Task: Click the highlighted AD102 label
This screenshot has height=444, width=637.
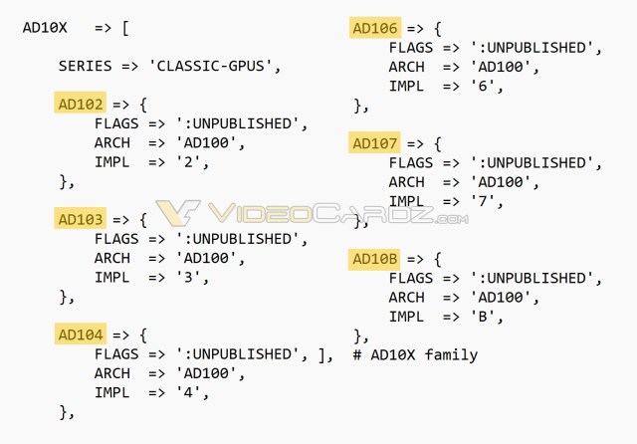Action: [x=80, y=104]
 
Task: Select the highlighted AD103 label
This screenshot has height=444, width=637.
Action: [x=80, y=219]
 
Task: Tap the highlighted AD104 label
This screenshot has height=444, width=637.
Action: [x=80, y=334]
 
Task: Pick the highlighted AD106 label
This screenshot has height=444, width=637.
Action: [x=374, y=28]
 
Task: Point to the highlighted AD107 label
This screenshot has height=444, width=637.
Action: [x=374, y=143]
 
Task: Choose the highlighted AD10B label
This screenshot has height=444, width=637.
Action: [x=374, y=259]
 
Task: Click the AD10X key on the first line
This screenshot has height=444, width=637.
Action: [x=45, y=28]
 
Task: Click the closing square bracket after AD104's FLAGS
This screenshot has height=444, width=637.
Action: [x=321, y=354]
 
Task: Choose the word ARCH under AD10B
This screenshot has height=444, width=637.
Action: [x=406, y=297]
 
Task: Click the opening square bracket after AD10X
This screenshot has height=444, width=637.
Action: [x=125, y=28]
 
